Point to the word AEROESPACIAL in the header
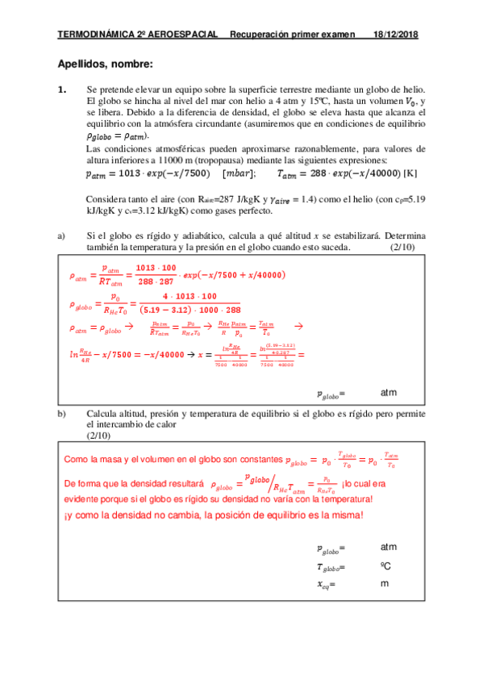coord(183,35)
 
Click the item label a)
coord(61,236)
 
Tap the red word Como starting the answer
coord(76,459)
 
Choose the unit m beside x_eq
coord(384,583)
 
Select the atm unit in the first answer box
coord(389,393)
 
